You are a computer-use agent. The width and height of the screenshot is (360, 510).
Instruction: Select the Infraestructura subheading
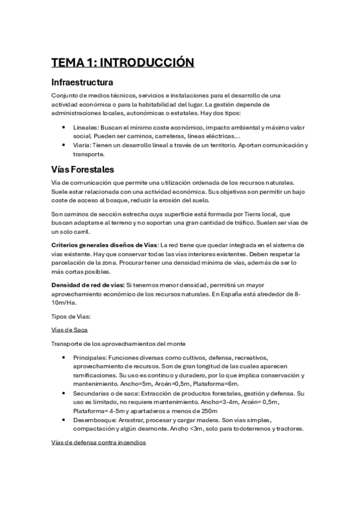click(83, 82)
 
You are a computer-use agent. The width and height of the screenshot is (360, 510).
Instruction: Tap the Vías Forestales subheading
click(83, 170)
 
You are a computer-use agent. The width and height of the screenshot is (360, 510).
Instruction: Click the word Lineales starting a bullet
click(86, 127)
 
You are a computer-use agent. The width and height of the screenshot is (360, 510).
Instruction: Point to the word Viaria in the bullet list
click(82, 145)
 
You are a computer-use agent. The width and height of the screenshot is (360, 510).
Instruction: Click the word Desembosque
click(94, 419)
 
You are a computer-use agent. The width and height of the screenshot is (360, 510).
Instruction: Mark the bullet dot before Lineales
click(64, 127)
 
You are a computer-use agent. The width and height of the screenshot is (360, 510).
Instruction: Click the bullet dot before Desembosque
click(64, 419)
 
